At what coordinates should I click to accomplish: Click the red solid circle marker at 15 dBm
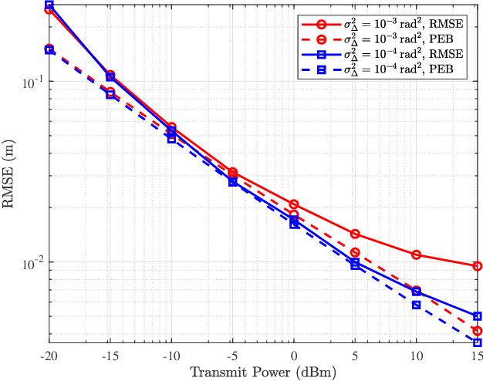pyautogui.click(x=477, y=266)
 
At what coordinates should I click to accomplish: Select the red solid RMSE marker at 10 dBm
pyautogui.click(x=416, y=255)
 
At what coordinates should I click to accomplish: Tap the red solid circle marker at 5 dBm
pyautogui.click(x=355, y=234)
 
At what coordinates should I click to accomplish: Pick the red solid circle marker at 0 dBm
pyautogui.click(x=294, y=204)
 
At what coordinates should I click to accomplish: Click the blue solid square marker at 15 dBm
pyautogui.click(x=477, y=316)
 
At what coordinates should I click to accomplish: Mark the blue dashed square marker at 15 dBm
pyautogui.click(x=477, y=342)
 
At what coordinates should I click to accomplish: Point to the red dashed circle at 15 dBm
pyautogui.click(x=477, y=331)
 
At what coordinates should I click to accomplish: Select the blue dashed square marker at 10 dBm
pyautogui.click(x=416, y=305)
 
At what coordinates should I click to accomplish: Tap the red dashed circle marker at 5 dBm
pyautogui.click(x=355, y=252)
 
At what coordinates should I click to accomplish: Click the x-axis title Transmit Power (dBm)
pyautogui.click(x=263, y=373)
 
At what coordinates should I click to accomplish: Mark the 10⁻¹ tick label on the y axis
pyautogui.click(x=31, y=83)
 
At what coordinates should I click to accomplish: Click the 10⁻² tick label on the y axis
pyautogui.click(x=31, y=263)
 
